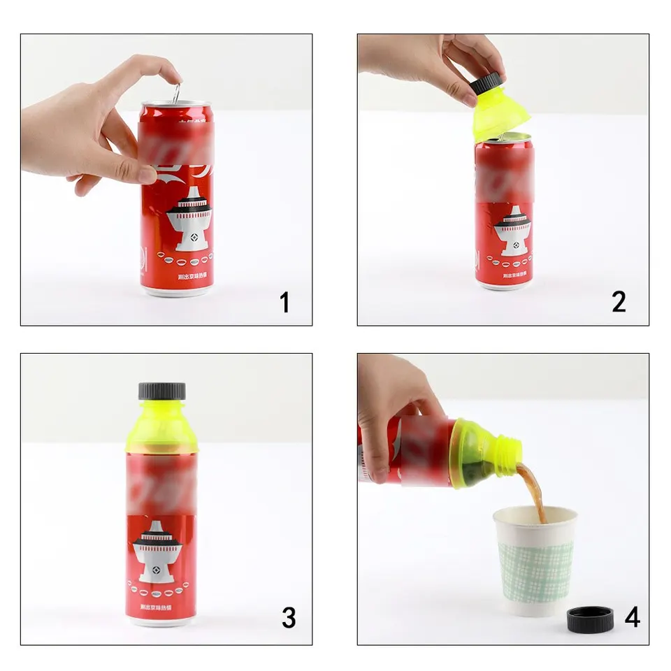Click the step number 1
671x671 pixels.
(284, 303)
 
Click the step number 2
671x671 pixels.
(619, 302)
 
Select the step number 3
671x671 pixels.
(288, 618)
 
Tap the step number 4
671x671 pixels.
(632, 617)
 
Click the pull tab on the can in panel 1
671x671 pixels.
(176, 94)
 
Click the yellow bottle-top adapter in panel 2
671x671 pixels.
(500, 115)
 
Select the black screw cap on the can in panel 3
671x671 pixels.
(161, 391)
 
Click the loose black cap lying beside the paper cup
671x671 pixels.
(589, 619)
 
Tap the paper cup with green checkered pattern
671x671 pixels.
(535, 560)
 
